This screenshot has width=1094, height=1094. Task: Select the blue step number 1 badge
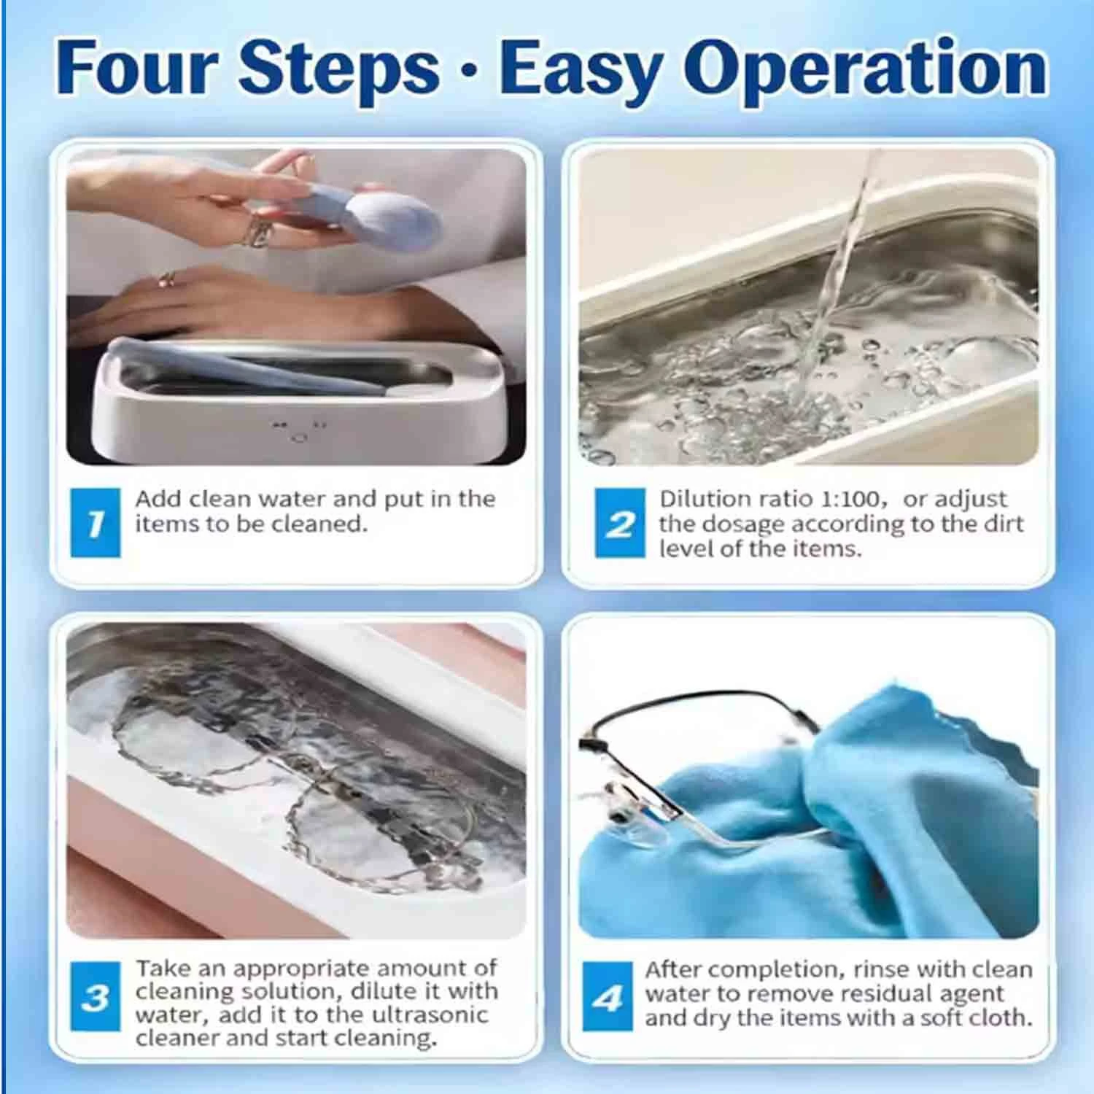pyautogui.click(x=96, y=523)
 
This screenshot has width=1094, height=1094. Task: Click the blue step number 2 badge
pyautogui.click(x=620, y=523)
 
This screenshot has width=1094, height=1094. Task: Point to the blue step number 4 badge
pyautogui.click(x=608, y=996)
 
